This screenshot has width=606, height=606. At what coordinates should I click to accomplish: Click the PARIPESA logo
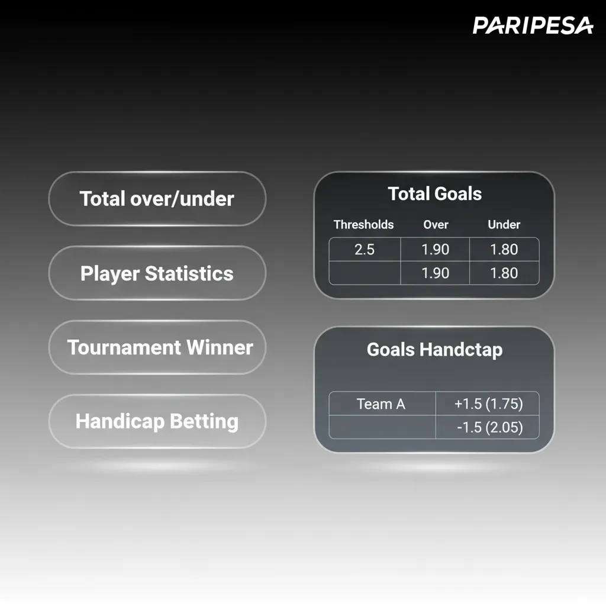tap(533, 25)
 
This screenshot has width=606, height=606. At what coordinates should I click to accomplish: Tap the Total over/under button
tap(157, 199)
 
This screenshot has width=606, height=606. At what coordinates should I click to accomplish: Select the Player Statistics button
tap(157, 273)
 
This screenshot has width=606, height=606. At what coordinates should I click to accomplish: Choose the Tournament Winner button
tap(160, 347)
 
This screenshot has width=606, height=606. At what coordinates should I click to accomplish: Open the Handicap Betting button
tap(157, 421)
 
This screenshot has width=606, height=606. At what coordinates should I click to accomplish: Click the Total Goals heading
tap(434, 194)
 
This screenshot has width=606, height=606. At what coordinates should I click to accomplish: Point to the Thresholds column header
tap(363, 225)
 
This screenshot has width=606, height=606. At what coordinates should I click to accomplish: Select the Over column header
tap(436, 225)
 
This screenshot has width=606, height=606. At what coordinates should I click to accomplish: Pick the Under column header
tap(504, 225)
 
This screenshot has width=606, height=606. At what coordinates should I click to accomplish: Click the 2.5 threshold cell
tap(365, 249)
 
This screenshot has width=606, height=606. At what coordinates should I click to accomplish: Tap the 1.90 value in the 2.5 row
tap(435, 249)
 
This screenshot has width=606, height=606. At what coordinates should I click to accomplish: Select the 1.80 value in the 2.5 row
tap(504, 249)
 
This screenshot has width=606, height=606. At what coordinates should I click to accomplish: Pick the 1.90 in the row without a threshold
tap(435, 273)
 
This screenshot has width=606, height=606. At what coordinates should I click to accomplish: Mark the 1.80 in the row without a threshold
tap(504, 273)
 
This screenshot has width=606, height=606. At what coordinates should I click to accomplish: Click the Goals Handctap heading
tap(434, 349)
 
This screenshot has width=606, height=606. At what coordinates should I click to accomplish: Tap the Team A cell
tap(381, 404)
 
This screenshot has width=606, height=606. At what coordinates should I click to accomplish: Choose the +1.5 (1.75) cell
tap(488, 404)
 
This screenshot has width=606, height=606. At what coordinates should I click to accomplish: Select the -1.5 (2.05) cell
tap(488, 427)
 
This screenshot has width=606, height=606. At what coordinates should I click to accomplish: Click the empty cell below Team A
tap(382, 427)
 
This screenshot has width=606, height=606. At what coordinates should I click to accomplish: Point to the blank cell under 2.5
tap(365, 273)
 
